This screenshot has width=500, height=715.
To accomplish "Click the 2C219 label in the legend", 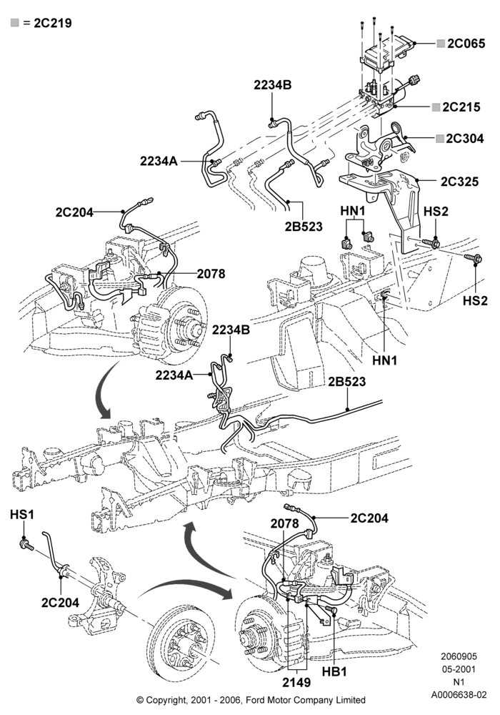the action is click(x=53, y=23).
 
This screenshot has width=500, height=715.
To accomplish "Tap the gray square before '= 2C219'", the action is click(x=14, y=22).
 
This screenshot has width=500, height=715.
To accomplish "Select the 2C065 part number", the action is click(x=466, y=44).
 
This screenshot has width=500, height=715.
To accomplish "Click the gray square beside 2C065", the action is click(x=440, y=44).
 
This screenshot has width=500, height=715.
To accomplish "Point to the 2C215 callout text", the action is click(x=461, y=107).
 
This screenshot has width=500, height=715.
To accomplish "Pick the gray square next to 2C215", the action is click(x=436, y=107).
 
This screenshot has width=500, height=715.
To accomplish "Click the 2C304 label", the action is click(x=464, y=139).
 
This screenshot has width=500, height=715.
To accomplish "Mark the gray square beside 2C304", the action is click(x=439, y=139).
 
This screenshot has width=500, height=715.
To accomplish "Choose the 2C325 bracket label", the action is click(x=459, y=182).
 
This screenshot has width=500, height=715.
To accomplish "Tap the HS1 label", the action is click(x=22, y=514).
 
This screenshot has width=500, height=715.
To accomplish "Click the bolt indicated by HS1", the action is click(x=26, y=544).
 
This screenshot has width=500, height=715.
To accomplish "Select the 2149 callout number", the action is click(x=296, y=683).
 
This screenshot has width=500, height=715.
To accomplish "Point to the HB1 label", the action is click(x=334, y=671).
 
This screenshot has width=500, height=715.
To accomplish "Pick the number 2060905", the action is click(x=459, y=656).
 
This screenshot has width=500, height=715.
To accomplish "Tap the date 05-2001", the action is click(x=459, y=669).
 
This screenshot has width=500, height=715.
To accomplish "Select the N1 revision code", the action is click(x=459, y=682).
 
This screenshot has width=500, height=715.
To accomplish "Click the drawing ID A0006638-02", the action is click(x=459, y=695).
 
